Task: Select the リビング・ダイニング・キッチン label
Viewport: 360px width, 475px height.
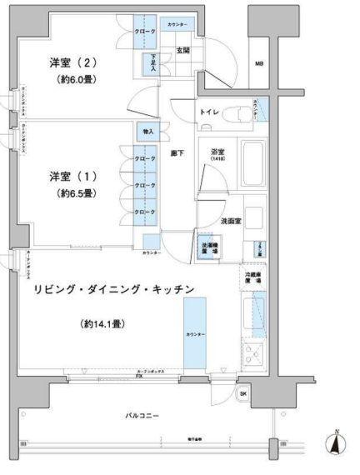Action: coord(114,289)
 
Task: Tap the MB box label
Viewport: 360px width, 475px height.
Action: coord(260,63)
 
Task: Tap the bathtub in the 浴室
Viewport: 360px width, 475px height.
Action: coord(252,164)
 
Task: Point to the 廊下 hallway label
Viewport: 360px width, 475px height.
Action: coord(177,154)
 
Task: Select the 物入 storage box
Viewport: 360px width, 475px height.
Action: coord(147,132)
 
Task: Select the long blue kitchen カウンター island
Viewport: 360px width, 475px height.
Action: coord(200,332)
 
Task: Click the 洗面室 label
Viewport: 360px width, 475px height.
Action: coord(231,221)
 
